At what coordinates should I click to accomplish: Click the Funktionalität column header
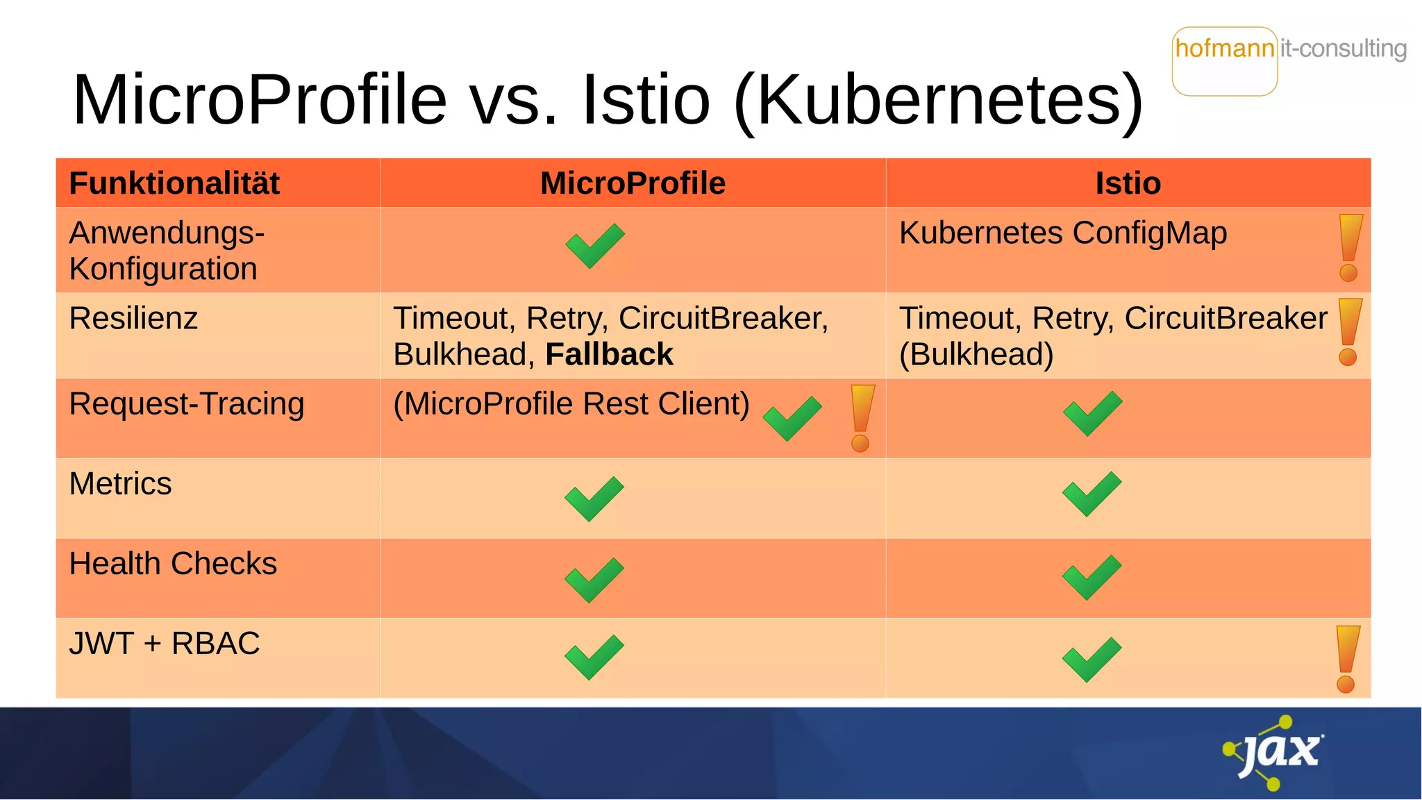pyautogui.click(x=174, y=183)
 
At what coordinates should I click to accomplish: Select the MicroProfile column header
pyautogui.click(x=633, y=183)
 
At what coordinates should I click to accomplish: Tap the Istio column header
pyautogui.click(x=1128, y=183)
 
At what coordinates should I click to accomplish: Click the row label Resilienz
pyautogui.click(x=133, y=318)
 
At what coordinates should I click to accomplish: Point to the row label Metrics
pyautogui.click(x=120, y=483)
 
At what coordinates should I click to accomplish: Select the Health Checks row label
pyautogui.click(x=173, y=563)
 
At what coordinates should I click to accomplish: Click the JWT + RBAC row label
pyautogui.click(x=165, y=643)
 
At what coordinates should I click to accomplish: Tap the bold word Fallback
pyautogui.click(x=609, y=354)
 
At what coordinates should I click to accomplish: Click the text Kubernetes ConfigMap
pyautogui.click(x=1062, y=233)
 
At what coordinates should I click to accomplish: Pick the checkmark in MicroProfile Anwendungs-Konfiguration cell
pyautogui.click(x=594, y=246)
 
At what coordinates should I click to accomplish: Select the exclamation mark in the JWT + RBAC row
pyautogui.click(x=1347, y=658)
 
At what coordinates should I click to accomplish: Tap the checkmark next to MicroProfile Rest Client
pyautogui.click(x=792, y=418)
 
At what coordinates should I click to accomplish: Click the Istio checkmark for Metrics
pyautogui.click(x=1091, y=494)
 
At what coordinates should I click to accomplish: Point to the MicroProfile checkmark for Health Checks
pyautogui.click(x=594, y=580)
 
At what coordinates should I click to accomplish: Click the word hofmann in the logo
pyautogui.click(x=1225, y=49)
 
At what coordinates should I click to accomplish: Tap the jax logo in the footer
pyautogui.click(x=1275, y=752)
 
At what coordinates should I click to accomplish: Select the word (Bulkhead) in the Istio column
pyautogui.click(x=976, y=354)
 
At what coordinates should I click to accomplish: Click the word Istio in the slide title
pyautogui.click(x=646, y=100)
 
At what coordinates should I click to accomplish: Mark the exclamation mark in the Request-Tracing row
pyautogui.click(x=862, y=418)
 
